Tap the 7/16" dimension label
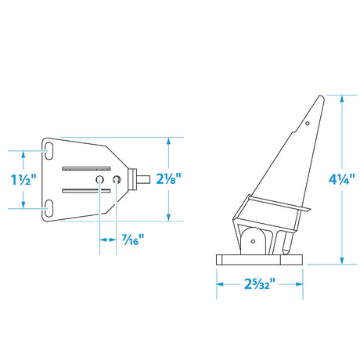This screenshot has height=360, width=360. coord(132,239)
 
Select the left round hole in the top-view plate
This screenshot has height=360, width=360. coord(100,181)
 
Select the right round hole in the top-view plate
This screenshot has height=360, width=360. coord(117,181)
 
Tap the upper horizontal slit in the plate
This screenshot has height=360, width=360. coord(85,166)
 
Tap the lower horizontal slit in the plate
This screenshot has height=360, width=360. coord(85,190)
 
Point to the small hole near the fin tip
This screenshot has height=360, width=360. coord(308,122)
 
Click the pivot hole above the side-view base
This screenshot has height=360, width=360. coord(255,243)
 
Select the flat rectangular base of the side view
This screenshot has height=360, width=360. coord(256,262)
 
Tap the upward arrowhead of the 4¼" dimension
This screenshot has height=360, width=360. coord(342,99)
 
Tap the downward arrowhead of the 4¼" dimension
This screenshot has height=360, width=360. coord(342,265)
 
